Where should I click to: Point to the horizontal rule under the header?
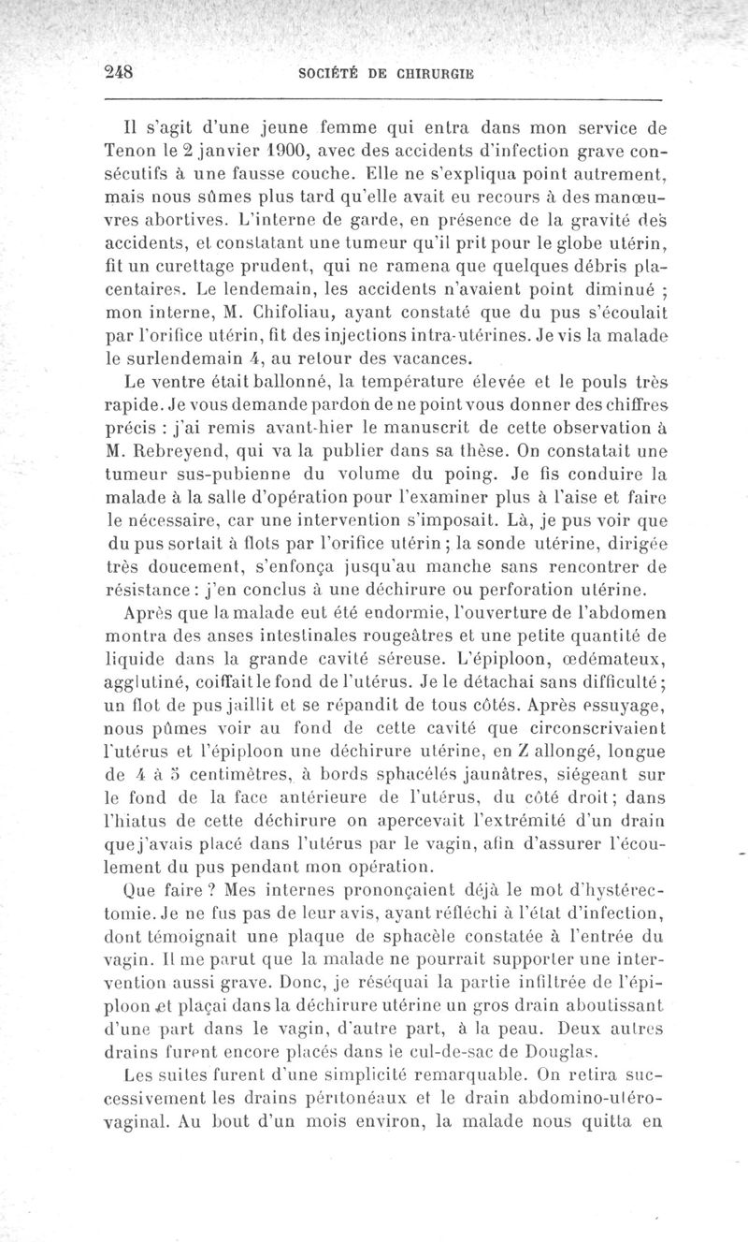pyautogui.click(x=381, y=97)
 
